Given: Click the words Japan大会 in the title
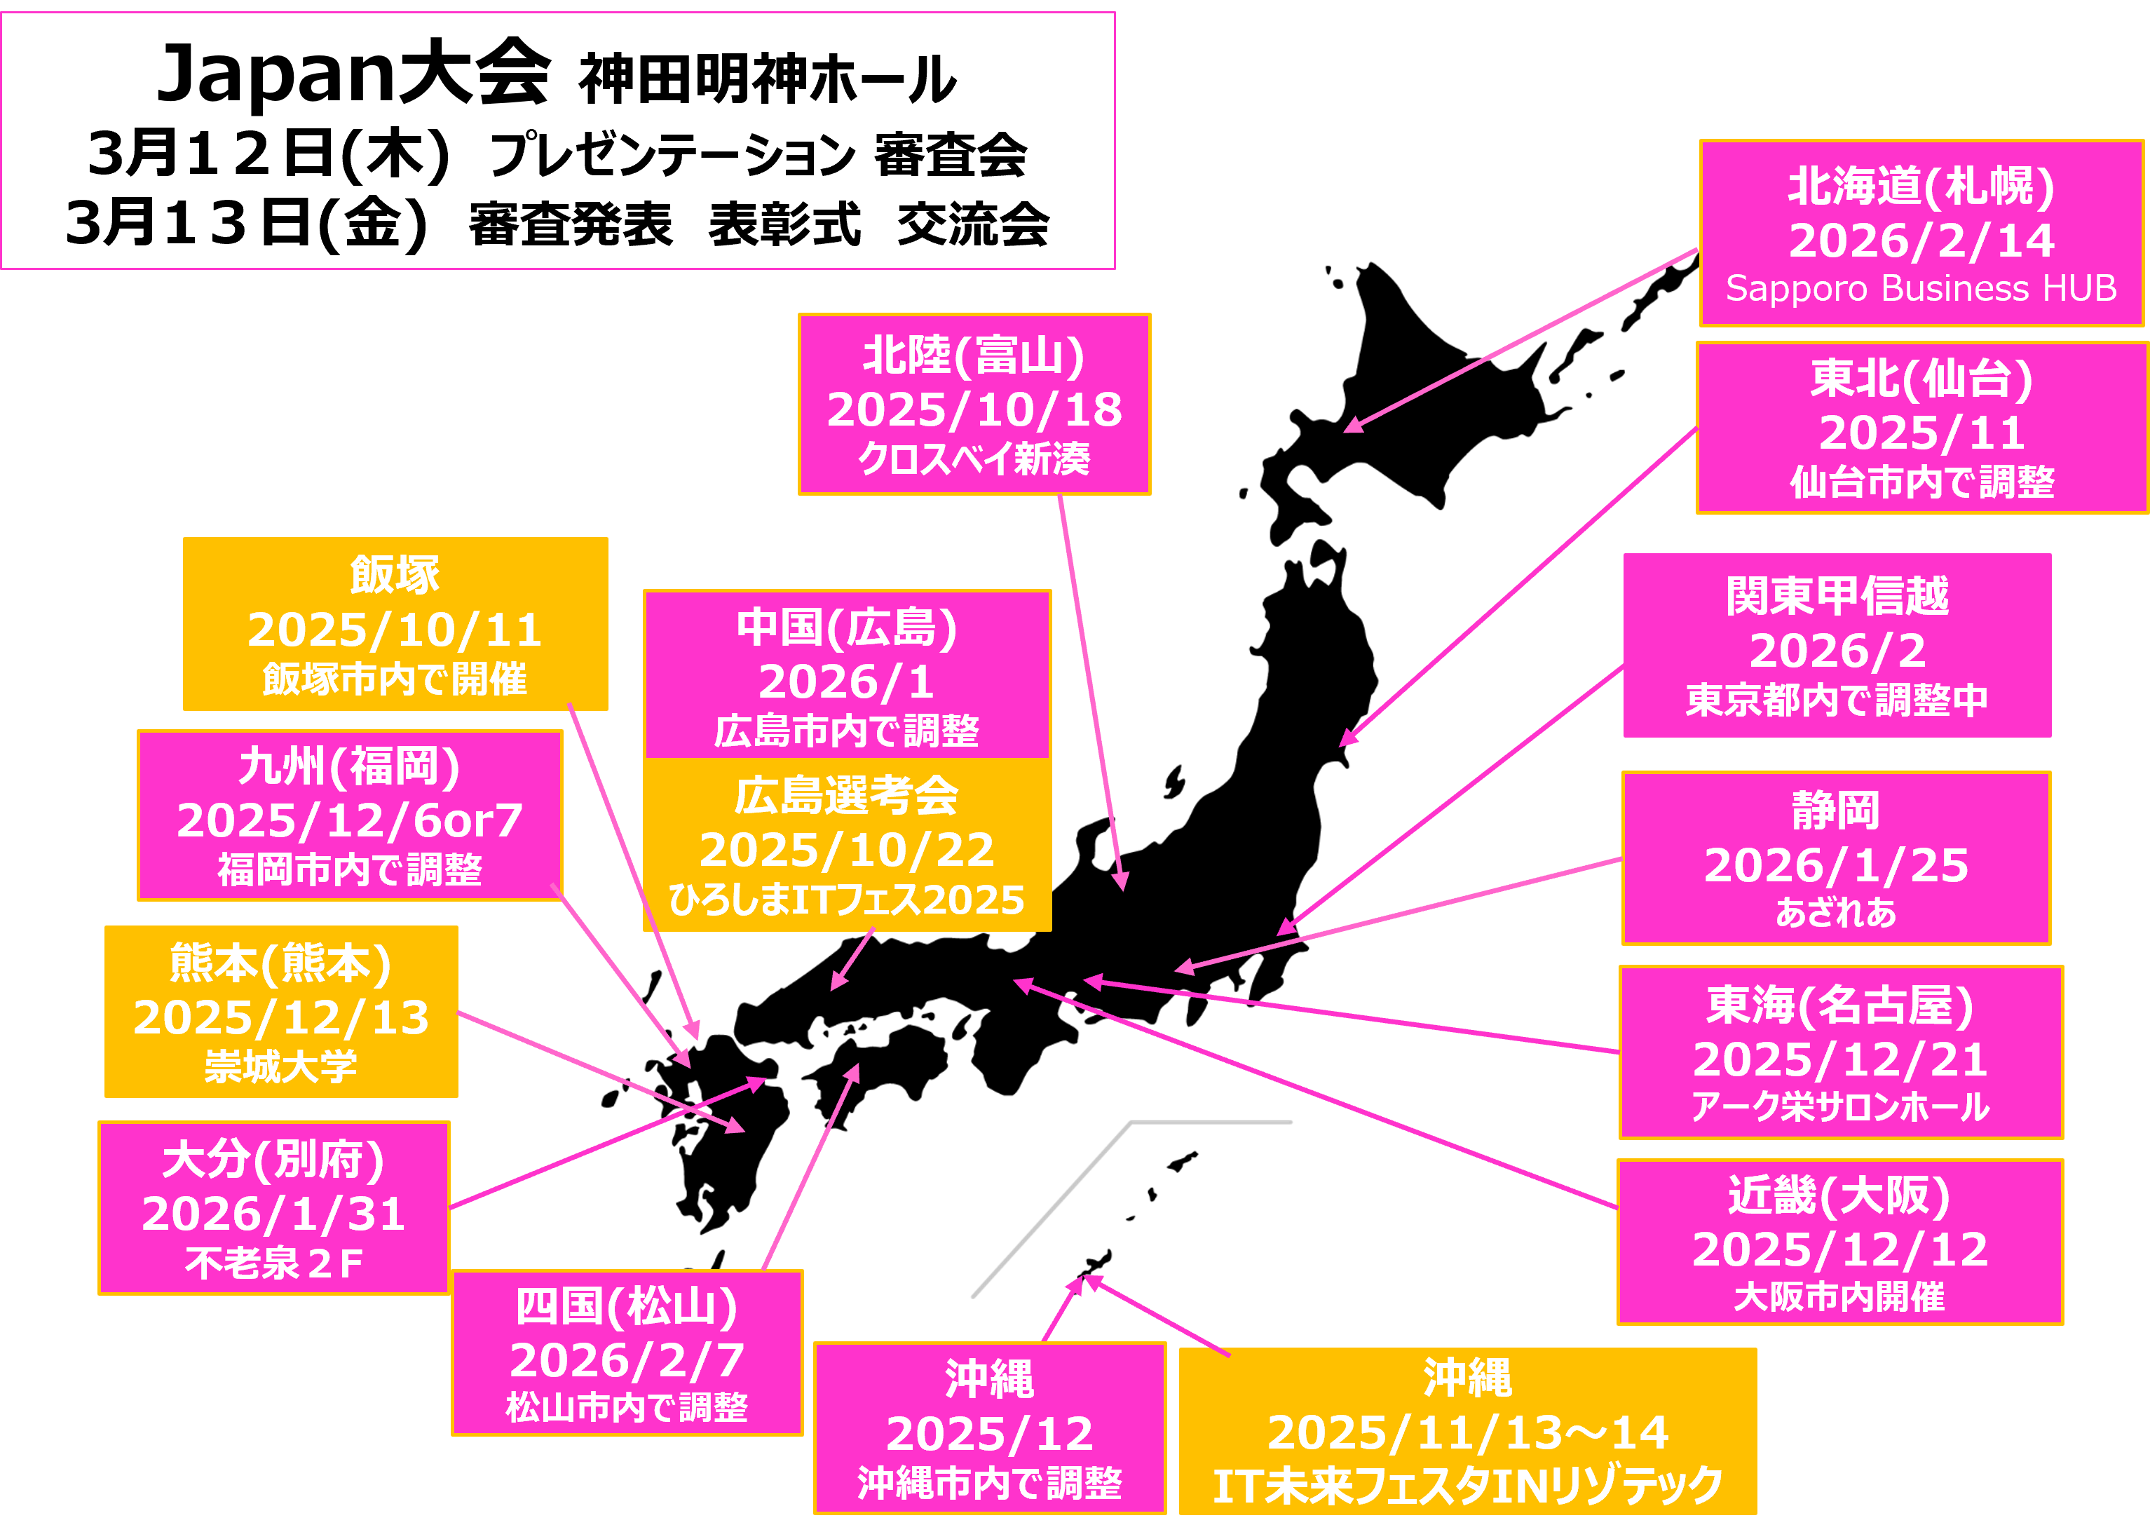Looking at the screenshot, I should [x=353, y=76].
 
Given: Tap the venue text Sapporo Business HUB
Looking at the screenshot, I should [x=1921, y=289].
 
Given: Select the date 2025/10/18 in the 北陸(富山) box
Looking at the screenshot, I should [x=974, y=409].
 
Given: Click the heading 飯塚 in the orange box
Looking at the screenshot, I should [x=395, y=575].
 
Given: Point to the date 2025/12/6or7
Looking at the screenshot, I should [x=350, y=820].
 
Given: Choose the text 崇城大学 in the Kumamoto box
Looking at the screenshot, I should [x=281, y=1067].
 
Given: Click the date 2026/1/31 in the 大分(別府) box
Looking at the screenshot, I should [x=274, y=1214].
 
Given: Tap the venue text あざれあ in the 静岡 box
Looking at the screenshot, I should [x=1837, y=913].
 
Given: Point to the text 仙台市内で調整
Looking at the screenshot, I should [x=1921, y=482].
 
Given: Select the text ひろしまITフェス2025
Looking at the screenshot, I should [x=846, y=900].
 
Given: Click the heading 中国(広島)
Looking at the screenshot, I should [x=846, y=628].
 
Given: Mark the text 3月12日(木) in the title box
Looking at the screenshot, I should [x=269, y=154].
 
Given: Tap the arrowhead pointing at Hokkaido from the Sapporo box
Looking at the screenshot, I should [x=1353, y=426].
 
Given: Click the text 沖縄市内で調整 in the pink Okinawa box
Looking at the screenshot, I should [x=989, y=1483].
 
